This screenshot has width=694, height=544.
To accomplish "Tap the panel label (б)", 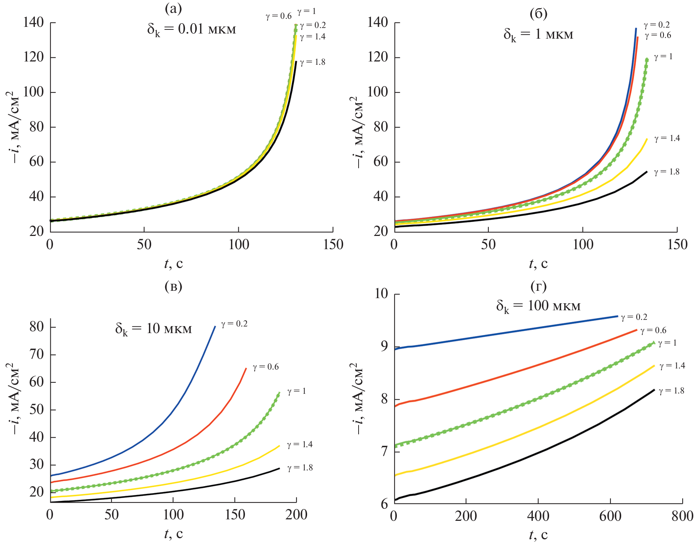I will point(538,14).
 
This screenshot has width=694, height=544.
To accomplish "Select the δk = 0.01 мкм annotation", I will point(191,29).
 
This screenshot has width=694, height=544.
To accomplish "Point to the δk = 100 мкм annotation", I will point(538,306).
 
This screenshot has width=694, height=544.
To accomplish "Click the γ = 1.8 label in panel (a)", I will point(313,62).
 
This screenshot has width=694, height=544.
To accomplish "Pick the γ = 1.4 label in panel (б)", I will point(667,138).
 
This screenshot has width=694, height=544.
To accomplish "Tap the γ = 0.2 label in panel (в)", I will point(234,324).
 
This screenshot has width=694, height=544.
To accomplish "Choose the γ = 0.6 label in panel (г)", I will point(653,331).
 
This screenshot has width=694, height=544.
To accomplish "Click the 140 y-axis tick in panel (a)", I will point(33,22).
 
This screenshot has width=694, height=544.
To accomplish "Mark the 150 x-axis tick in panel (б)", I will point(677,245).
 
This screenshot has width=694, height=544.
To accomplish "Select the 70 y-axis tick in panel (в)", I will point(37,354).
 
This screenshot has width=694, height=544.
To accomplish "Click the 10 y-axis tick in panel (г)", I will point(381,294).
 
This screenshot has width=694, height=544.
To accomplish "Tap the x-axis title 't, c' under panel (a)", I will point(173,264).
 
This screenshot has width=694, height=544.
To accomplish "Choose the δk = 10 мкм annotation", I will point(153,329).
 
